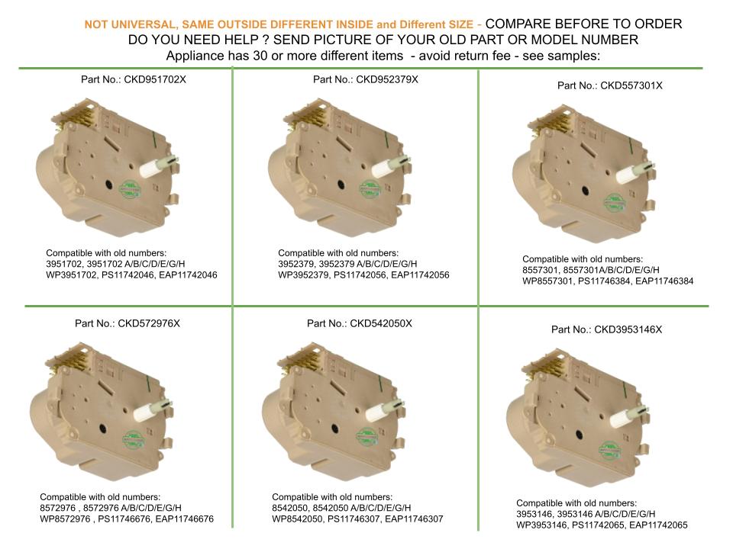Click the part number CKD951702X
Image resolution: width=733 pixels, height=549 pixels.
coord(155,79)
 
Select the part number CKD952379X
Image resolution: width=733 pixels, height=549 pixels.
coord(387,79)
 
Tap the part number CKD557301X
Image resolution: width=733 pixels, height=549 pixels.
coord(631,85)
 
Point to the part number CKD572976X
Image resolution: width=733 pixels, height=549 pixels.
coord(149,323)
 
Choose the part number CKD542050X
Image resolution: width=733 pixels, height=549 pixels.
coord(381,323)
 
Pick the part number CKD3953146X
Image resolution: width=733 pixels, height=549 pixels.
coord(628,329)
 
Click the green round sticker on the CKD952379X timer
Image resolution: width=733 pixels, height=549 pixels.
coord(370,189)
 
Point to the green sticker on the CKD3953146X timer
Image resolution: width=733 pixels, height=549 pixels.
coord(609,451)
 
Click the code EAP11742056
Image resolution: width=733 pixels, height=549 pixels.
coord(420,275)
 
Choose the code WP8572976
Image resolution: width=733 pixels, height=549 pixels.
coord(65,519)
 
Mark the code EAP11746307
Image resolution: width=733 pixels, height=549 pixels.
coord(414,519)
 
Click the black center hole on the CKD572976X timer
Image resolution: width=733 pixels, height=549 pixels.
coord(102,429)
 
